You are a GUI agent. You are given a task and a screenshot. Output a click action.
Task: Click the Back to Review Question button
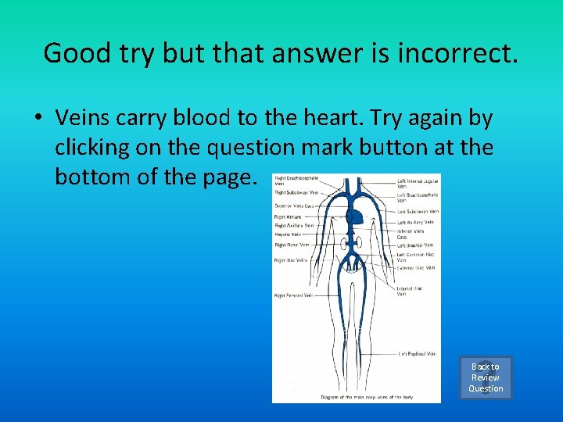point(486,377)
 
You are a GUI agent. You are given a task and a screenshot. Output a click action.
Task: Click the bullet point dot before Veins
point(38,119)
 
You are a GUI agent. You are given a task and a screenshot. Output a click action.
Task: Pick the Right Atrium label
point(286,216)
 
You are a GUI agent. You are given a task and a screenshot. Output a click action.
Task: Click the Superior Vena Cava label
point(294,206)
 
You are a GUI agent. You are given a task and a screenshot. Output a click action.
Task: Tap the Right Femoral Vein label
point(293,295)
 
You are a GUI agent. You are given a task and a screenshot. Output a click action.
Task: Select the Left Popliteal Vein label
point(417,354)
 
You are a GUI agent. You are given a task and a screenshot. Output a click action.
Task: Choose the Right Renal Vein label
point(292,245)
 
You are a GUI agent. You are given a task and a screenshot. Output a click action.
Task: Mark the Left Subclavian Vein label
point(418,211)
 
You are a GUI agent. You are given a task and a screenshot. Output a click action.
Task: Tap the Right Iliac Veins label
point(291,260)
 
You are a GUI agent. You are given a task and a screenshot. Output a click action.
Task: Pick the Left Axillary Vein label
point(415,222)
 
